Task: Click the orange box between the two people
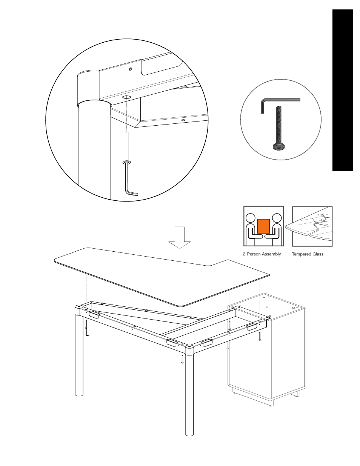(263, 226)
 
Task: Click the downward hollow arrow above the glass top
(180, 238)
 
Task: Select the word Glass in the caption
(318, 254)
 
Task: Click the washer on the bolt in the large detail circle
(126, 162)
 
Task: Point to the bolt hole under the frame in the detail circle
(126, 97)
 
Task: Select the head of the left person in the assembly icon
(251, 218)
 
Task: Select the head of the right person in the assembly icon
(277, 218)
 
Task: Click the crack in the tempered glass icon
(317, 224)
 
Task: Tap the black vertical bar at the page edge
(342, 90)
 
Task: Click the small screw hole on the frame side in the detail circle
(131, 69)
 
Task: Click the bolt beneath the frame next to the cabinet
(260, 337)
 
